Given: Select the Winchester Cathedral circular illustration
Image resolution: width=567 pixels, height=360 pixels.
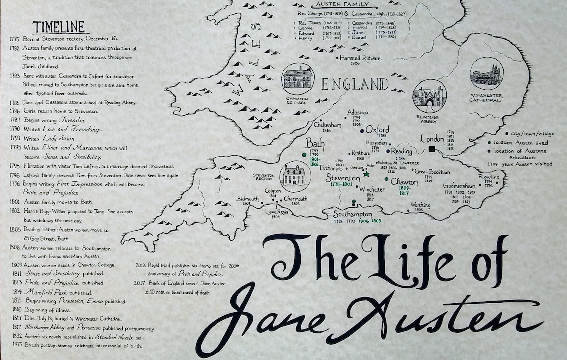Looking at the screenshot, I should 486,74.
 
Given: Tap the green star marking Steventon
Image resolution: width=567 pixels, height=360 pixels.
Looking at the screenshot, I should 367,174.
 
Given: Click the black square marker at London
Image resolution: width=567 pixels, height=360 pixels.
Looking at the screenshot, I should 432,149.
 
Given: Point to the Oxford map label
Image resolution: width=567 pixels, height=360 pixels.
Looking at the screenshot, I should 378,129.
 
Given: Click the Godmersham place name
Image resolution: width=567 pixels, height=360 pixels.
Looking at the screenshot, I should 460,186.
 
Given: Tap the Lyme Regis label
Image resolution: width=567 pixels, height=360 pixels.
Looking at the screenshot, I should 277,212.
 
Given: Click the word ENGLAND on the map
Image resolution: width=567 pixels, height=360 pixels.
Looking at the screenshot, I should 354,84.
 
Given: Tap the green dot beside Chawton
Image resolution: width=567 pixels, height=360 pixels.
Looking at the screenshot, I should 386,179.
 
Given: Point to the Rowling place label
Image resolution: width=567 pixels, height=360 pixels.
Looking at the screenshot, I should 488,177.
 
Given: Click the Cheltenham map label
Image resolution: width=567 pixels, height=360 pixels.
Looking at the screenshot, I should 327,125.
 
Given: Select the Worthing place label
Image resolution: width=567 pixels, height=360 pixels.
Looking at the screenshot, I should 420,205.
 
